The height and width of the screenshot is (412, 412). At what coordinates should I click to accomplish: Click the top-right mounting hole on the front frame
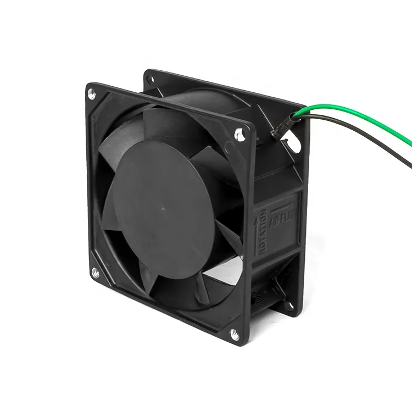pos(238,132)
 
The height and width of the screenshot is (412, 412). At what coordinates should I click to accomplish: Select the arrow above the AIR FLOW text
pos(285,203)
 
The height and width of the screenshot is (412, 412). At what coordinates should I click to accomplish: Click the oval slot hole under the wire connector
pos(293,144)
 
